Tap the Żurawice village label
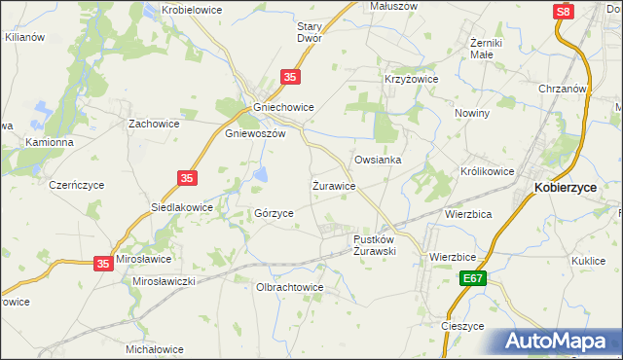[x=333, y=184]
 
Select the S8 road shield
[x=564, y=12]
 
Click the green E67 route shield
[x=472, y=279]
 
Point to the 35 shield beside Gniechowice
[x=290, y=76]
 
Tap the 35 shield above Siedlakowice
[x=188, y=178]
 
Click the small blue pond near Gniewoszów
[x=261, y=175]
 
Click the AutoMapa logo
[x=558, y=342]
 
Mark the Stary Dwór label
[x=310, y=32]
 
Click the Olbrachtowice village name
[x=289, y=287]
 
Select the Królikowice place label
[x=487, y=170]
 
